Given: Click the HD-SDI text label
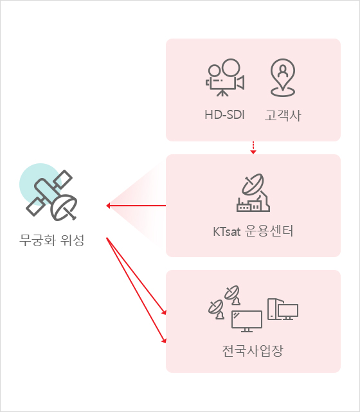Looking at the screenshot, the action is coord(224,115).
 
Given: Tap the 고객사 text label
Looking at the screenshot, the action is coord(283,115).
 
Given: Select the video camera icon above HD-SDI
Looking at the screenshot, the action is coord(225,77).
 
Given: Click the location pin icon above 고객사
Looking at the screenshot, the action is coord(283,78).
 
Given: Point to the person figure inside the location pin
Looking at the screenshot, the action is coord(283,71).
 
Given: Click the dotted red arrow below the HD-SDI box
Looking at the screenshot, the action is coord(253,148).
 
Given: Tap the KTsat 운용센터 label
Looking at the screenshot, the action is coord(253,231).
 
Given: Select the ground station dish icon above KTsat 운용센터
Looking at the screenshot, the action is coord(253,193).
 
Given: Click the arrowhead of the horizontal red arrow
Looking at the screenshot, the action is coord(108,206).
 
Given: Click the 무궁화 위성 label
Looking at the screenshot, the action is coord(52,240).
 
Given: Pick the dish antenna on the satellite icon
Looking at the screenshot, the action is coord(64,208).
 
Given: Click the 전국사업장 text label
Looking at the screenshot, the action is coord(253,350).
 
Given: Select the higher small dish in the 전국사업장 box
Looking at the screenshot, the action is coord(232,295).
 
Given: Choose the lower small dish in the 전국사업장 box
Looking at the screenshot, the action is coord(217,309).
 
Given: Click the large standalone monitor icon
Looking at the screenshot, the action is coord(247,321).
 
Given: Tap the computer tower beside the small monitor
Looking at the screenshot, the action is coord(273,309).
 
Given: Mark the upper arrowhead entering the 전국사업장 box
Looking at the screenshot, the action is coord(164,312).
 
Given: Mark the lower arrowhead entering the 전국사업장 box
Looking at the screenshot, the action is coord(164,341).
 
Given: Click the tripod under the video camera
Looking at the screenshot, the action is coord(222,93).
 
